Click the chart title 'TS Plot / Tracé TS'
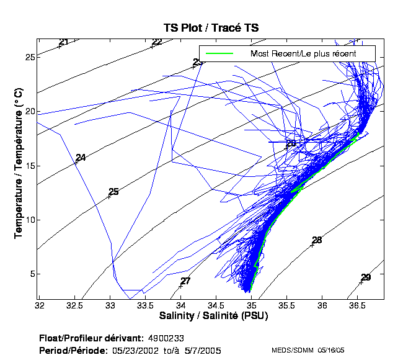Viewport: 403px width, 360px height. point(210,28)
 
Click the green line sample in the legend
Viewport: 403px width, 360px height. point(216,53)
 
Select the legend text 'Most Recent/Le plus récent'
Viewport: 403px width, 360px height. point(303,53)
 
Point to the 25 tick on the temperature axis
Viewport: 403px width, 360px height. point(29,58)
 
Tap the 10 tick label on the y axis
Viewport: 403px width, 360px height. point(29,220)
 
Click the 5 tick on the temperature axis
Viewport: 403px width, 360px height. point(31,274)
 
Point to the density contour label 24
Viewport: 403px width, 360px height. point(81,158)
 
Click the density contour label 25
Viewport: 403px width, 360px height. point(113,192)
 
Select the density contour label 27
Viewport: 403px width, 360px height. point(185,281)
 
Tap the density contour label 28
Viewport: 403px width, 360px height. point(317,240)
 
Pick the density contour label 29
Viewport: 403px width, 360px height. point(366,277)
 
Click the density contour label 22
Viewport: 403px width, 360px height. point(157,42)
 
